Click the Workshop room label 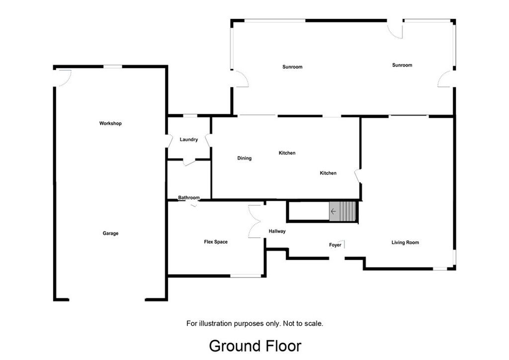click(110, 123)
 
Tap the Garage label click(110, 233)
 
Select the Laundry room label click(188, 140)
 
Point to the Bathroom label click(189, 198)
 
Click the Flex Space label click(216, 242)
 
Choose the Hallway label click(277, 231)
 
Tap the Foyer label click(335, 245)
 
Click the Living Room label click(405, 243)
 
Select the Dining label click(244, 159)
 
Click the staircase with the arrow click(343, 211)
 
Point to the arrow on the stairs click(334, 211)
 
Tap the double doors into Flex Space click(255, 222)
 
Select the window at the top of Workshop click(113, 67)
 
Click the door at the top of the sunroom click(395, 29)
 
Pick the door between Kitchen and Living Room click(357, 177)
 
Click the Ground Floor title click(254, 346)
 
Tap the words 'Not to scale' click(303, 323)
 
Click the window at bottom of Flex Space click(246, 275)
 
